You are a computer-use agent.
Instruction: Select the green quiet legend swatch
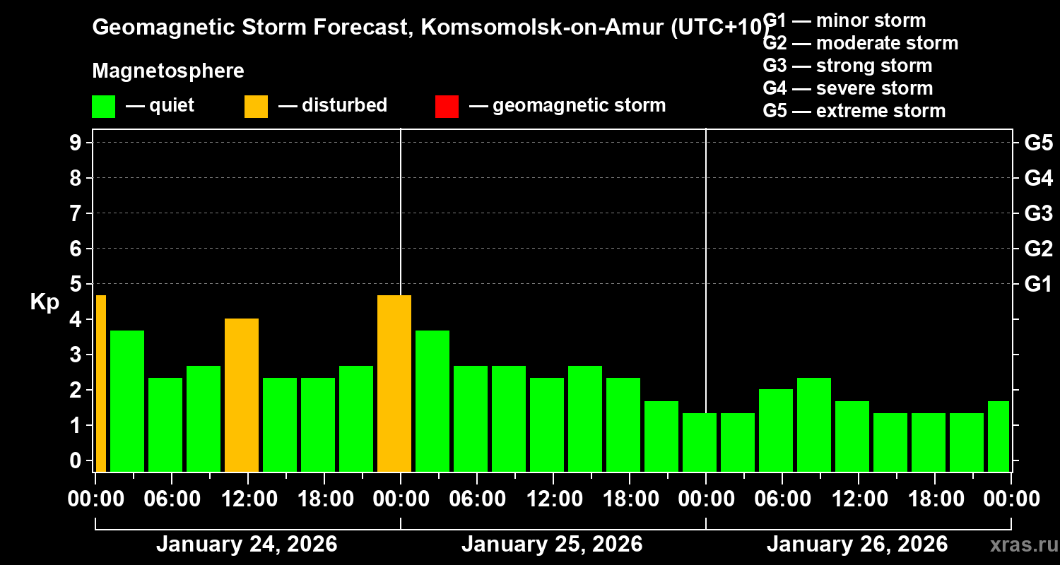click(103, 106)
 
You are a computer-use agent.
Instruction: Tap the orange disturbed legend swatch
click(256, 106)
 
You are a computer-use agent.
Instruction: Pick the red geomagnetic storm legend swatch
click(447, 106)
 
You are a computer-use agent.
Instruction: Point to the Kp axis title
click(45, 302)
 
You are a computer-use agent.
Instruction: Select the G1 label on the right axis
click(1038, 285)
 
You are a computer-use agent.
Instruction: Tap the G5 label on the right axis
click(1038, 143)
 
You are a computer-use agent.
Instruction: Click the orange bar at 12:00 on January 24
click(242, 395)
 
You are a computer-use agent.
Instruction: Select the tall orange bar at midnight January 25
click(394, 383)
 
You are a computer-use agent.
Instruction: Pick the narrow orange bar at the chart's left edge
click(100, 383)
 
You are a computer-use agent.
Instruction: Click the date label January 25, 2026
click(552, 545)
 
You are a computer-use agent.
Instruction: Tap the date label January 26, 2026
click(857, 545)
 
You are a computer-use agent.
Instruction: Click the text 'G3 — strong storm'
click(847, 66)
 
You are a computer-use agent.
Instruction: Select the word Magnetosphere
click(168, 71)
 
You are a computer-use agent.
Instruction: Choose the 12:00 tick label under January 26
click(858, 499)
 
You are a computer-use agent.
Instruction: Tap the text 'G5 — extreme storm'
click(854, 111)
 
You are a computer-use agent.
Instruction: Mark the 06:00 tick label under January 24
click(171, 499)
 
